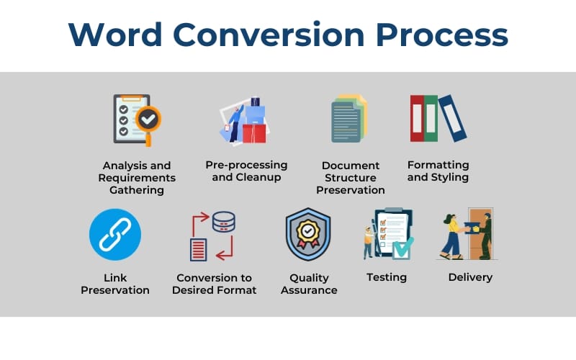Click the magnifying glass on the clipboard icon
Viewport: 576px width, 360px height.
(x=149, y=117)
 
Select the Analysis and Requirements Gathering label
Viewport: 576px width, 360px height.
(x=137, y=178)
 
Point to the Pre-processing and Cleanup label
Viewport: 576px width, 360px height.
(x=246, y=171)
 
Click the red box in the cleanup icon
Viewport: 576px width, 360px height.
(x=253, y=132)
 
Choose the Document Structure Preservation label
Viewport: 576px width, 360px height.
(x=351, y=178)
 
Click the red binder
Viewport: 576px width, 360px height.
(x=417, y=118)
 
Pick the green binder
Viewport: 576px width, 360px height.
(x=431, y=118)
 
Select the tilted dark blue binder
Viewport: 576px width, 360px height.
(x=452, y=117)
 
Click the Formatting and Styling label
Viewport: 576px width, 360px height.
(x=438, y=171)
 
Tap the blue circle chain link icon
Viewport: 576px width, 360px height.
(x=115, y=235)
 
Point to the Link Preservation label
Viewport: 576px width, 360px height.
(x=115, y=284)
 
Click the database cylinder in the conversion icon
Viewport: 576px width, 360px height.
(x=224, y=221)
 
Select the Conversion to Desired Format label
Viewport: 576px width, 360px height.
(x=215, y=284)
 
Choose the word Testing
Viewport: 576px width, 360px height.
(x=387, y=277)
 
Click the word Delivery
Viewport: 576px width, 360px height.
(x=470, y=277)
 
